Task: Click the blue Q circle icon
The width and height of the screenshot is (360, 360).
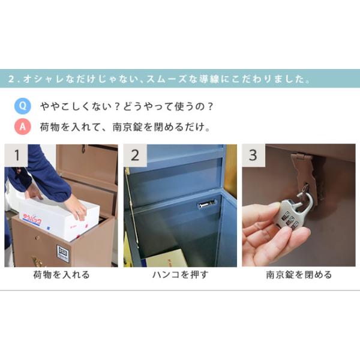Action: pos(23,106)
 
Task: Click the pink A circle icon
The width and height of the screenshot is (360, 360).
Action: pos(23,127)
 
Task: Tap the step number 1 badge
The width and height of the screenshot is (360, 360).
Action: pos(16,155)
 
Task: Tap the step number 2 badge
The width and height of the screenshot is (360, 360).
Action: pos(135,155)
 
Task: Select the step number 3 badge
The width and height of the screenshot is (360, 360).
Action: pos(253,155)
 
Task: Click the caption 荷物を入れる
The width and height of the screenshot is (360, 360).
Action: pos(61,275)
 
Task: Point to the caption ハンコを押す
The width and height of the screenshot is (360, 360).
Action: pos(180,275)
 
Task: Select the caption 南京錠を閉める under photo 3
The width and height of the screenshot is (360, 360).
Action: pos(299,275)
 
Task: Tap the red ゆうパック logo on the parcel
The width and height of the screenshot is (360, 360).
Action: pos(32,218)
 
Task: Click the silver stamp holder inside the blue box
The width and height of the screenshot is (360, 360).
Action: pos(206,204)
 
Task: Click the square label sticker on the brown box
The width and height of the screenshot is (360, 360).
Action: pos(63,254)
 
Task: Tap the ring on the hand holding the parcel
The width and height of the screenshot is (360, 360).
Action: pos(78,213)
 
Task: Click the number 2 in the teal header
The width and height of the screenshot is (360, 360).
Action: pos(11,79)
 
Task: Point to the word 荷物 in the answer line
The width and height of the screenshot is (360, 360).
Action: pos(50,127)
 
